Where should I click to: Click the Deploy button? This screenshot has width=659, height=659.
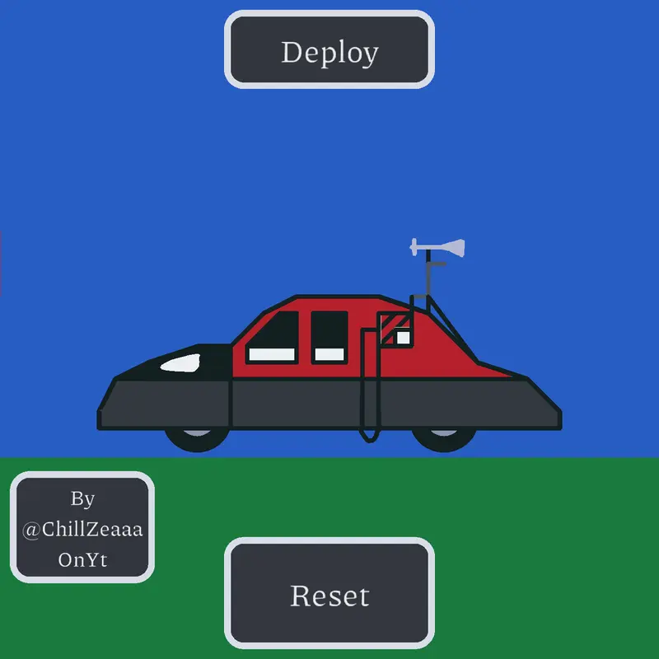(329, 49)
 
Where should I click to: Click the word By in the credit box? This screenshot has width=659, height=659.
(83, 499)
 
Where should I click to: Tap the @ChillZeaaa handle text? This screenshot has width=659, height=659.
(82, 529)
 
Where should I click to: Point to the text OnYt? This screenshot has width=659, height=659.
(83, 560)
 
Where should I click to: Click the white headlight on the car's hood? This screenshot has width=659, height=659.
(181, 363)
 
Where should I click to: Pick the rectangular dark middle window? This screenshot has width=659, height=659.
(329, 337)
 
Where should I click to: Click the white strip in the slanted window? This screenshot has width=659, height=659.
(272, 354)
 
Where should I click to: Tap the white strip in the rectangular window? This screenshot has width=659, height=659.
(329, 354)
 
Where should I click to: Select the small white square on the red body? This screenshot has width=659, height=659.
(403, 338)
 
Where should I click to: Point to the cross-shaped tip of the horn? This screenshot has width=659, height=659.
(414, 246)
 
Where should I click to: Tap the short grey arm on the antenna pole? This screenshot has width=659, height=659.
(437, 264)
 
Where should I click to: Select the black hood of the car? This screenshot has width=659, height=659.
(176, 363)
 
